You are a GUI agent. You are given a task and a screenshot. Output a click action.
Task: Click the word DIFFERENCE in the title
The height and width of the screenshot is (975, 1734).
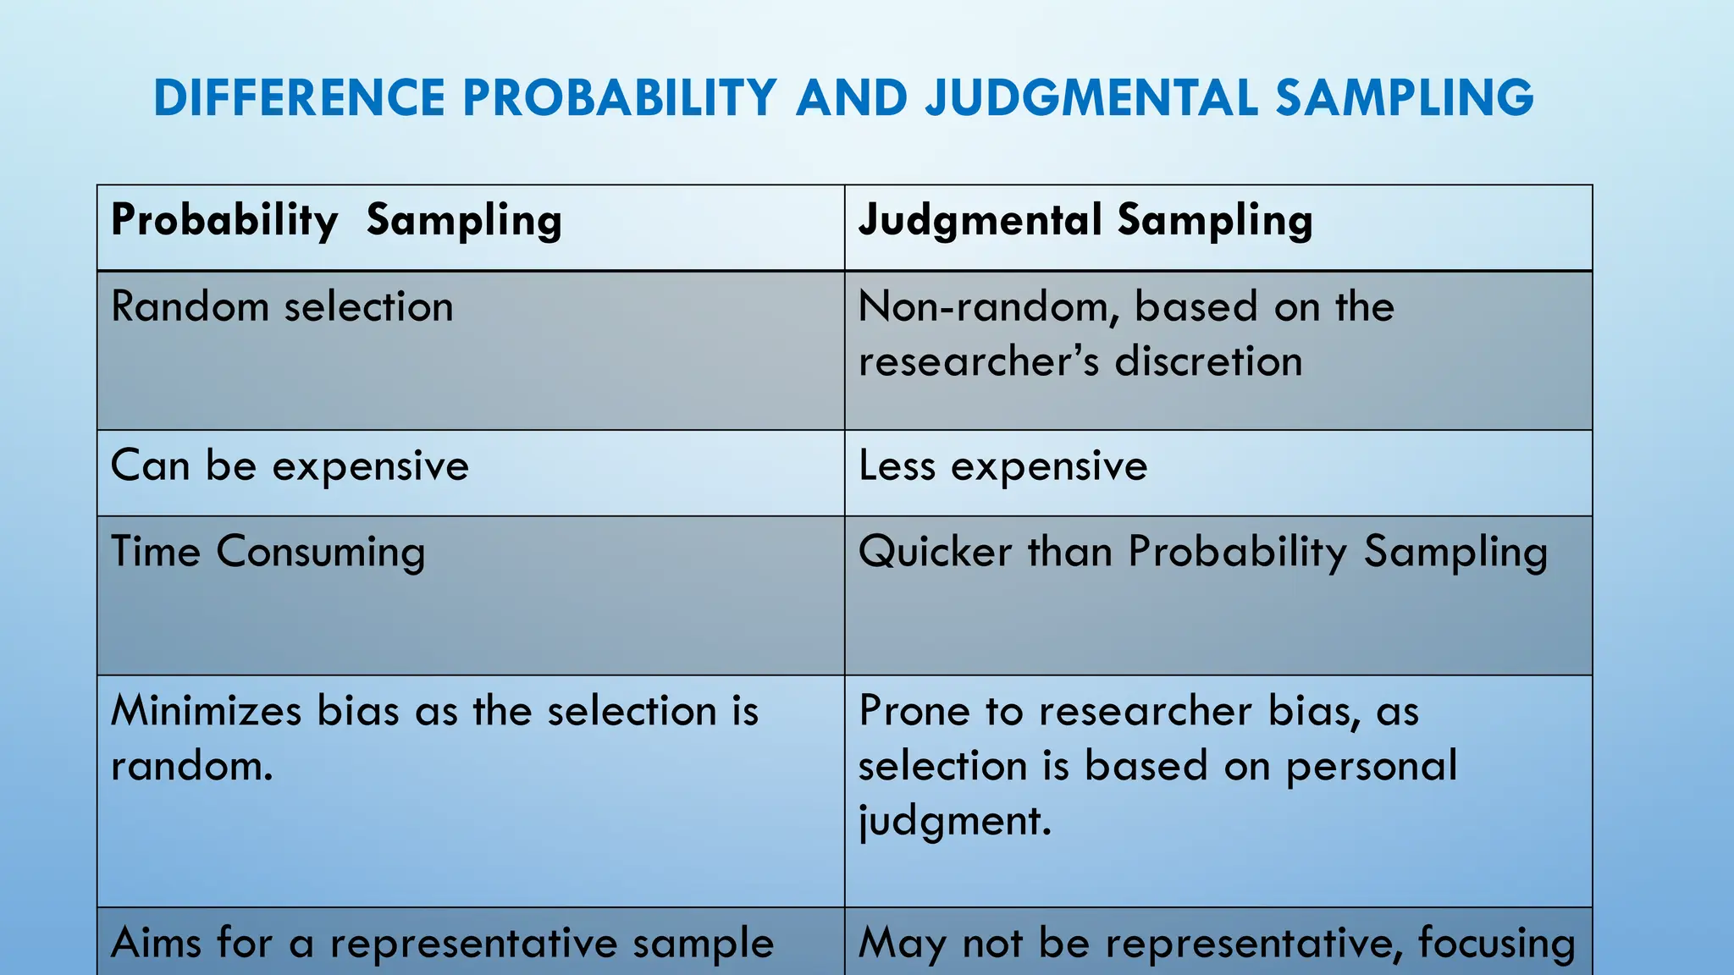click(299, 97)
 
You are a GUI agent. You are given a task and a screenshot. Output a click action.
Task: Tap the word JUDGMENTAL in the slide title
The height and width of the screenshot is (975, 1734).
click(1091, 97)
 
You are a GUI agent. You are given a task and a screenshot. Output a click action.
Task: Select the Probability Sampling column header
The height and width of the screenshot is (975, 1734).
click(336, 221)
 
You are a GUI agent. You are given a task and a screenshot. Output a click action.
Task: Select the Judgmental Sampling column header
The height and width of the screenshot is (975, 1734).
click(1085, 221)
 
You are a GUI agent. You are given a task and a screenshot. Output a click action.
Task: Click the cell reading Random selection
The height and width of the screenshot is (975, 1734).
click(282, 306)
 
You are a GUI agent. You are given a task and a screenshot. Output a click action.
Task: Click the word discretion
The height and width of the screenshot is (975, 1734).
click(1208, 361)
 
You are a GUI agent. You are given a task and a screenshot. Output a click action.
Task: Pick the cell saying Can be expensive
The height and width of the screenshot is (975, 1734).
click(290, 465)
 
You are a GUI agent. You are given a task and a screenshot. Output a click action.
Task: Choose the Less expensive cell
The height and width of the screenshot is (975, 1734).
click(1002, 465)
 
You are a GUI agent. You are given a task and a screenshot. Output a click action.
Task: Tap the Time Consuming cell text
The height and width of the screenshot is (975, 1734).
click(268, 552)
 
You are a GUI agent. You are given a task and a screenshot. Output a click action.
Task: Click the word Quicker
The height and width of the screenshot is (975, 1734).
click(935, 552)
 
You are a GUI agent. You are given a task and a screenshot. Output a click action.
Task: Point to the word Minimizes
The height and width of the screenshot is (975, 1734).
click(206, 711)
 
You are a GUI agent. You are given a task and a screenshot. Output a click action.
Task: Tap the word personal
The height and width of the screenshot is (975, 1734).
click(1372, 766)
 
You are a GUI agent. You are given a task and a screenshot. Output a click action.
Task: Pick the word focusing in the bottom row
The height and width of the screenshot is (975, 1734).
click(1496, 943)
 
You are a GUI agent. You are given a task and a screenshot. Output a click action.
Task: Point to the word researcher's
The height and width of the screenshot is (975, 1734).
click(979, 361)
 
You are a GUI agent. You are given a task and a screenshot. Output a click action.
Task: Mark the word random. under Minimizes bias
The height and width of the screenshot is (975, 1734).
click(192, 766)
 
